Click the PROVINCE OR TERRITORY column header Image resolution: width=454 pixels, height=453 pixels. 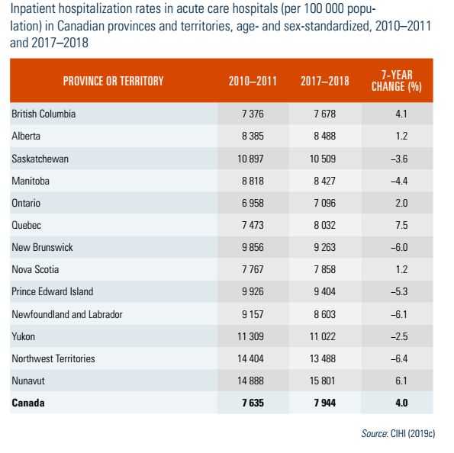pyautogui.click(x=113, y=81)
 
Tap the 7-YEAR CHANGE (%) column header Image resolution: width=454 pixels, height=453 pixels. pyautogui.click(x=397, y=81)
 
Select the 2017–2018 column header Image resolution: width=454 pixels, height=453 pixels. pyautogui.click(x=325, y=81)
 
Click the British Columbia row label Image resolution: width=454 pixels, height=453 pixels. pyautogui.click(x=43, y=114)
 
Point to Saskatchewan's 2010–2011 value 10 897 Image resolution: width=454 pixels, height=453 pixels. pyautogui.click(x=250, y=159)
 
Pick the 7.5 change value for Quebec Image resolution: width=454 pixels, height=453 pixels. pyautogui.click(x=401, y=225)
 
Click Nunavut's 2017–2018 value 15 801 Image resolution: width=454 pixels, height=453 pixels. pyautogui.click(x=323, y=381)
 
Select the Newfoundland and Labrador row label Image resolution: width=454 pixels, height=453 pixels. pyautogui.click(x=67, y=314)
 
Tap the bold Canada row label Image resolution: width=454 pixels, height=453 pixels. pyautogui.click(x=28, y=403)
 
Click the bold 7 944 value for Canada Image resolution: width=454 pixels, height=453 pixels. pyautogui.click(x=325, y=403)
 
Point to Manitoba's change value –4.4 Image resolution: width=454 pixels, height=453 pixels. pyautogui.click(x=399, y=181)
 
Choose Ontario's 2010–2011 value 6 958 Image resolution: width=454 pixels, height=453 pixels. pyautogui.click(x=253, y=203)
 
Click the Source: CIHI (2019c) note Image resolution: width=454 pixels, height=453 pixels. pyautogui.click(x=398, y=433)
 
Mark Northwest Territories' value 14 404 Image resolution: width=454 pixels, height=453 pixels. pyautogui.click(x=250, y=358)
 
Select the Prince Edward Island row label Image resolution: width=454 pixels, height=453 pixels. pyautogui.click(x=53, y=291)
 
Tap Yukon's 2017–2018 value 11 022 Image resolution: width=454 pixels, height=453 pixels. pyautogui.click(x=323, y=336)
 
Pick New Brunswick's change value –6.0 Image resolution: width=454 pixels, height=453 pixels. pyautogui.click(x=399, y=247)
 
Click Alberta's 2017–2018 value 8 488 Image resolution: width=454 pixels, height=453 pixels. pyautogui.click(x=325, y=136)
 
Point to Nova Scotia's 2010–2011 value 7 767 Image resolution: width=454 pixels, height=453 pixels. pyautogui.click(x=253, y=269)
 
